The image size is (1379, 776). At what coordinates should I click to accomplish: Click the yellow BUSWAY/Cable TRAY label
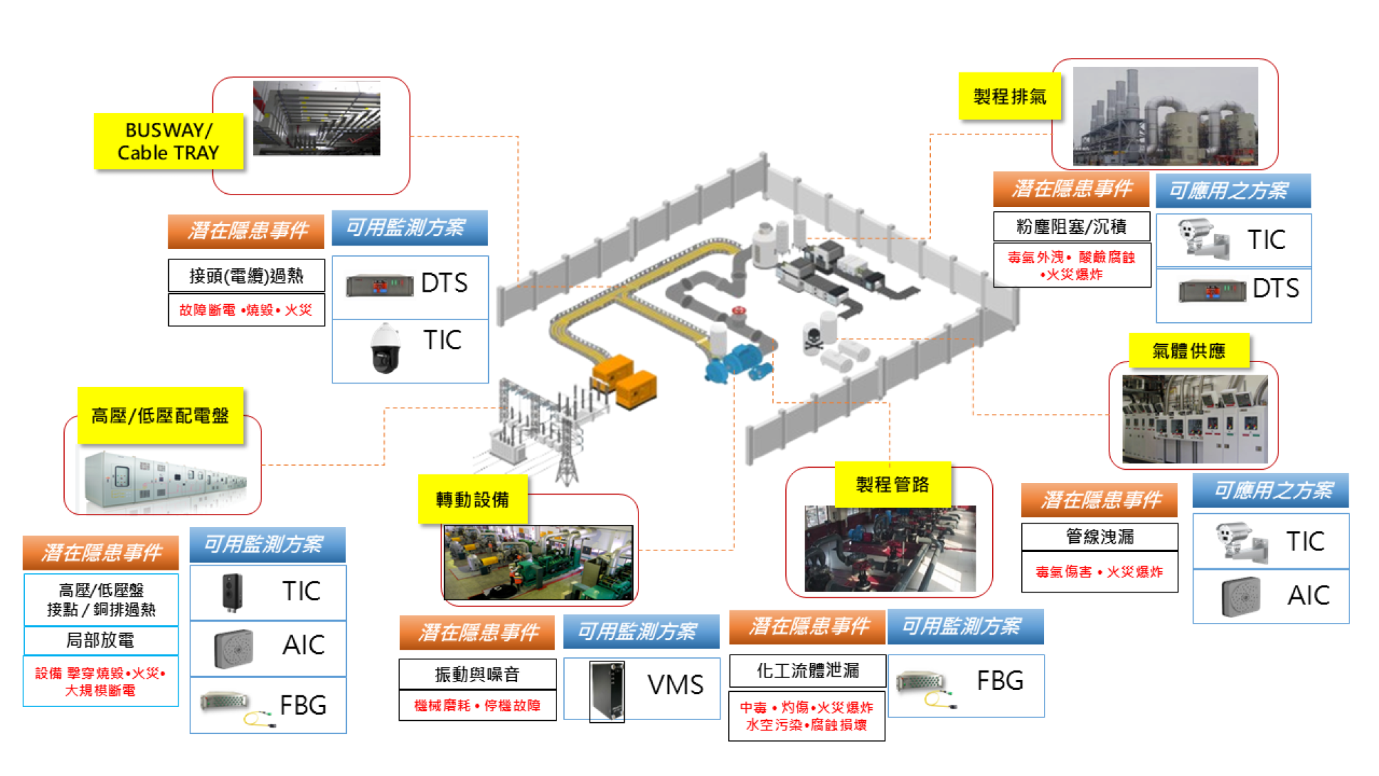[168, 141]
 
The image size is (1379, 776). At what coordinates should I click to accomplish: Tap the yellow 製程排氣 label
[1009, 97]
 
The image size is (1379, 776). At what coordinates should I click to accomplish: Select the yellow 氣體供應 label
[1189, 351]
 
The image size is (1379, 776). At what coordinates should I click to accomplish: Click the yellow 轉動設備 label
[472, 499]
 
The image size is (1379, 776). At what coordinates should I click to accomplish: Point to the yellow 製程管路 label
[892, 484]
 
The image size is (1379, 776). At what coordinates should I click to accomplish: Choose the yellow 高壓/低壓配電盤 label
[160, 415]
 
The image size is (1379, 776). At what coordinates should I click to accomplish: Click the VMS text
[675, 685]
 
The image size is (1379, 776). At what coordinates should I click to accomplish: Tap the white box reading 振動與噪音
[477, 674]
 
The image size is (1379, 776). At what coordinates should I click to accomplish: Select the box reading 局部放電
[101, 640]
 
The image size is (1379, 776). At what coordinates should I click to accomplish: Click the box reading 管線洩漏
[1099, 537]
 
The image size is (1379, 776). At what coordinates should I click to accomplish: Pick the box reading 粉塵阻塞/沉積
[1071, 226]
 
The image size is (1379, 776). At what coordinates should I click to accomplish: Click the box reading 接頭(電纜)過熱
[246, 276]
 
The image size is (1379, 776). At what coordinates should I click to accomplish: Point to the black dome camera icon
[385, 349]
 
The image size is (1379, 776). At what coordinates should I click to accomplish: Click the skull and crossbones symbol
[814, 339]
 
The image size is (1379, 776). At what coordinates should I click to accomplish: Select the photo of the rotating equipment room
[538, 562]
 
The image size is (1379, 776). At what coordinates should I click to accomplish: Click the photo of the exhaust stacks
[1165, 116]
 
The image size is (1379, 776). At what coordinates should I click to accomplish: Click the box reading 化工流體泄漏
[807, 670]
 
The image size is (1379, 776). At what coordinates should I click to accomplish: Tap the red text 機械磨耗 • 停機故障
[477, 706]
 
